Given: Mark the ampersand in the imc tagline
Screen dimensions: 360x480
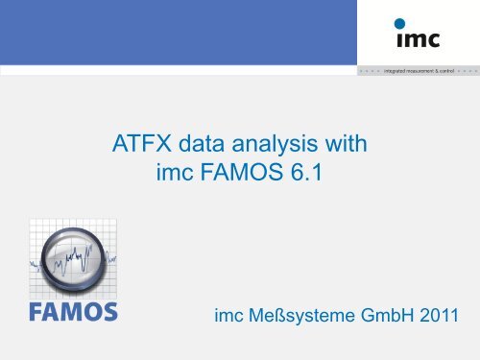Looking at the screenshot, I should tap(437, 71).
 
